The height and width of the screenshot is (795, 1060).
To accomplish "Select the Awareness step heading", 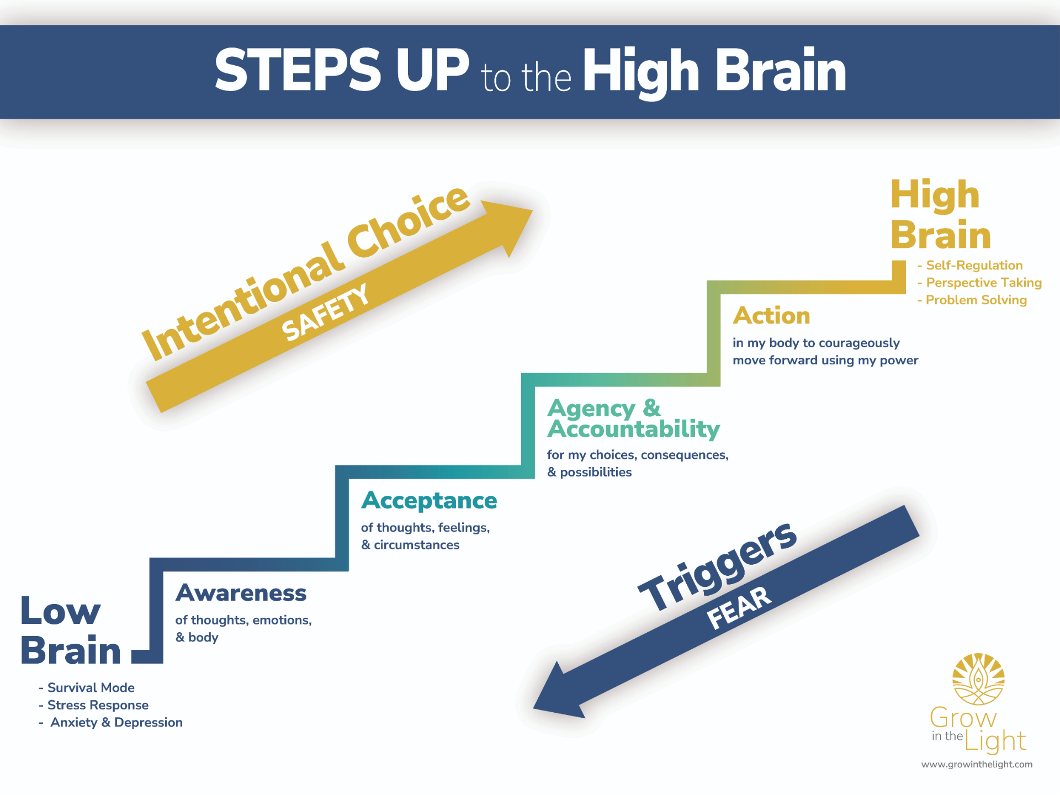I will (x=241, y=593).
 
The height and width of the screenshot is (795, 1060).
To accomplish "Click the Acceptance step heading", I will (x=429, y=501).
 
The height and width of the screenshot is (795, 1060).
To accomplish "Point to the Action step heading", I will (x=771, y=316).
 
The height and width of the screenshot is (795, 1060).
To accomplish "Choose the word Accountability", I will (x=633, y=430).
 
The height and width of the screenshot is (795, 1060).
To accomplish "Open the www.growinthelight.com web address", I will (x=977, y=765).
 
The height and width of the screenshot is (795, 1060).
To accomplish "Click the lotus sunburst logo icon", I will (x=978, y=679).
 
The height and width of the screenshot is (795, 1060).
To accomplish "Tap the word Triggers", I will (x=718, y=566).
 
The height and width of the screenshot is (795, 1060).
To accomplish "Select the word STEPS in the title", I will (x=298, y=71).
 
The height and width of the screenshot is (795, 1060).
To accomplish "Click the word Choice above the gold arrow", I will (x=409, y=224).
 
